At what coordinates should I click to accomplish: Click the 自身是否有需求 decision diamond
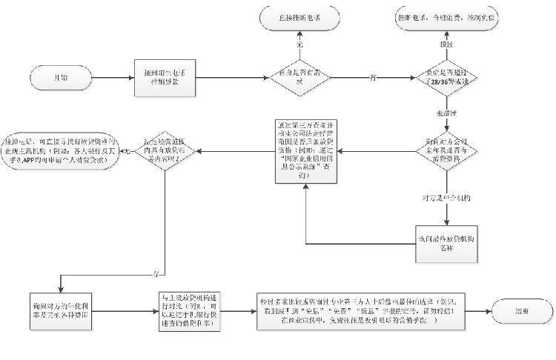coord(300,77)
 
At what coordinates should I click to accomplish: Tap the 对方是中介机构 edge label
coord(447,199)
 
